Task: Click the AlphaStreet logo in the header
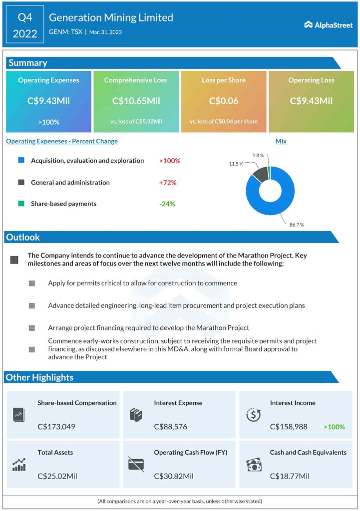(x=328, y=25)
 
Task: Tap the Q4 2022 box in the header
(x=24, y=25)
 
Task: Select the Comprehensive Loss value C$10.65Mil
(x=136, y=101)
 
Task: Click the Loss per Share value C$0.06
(x=224, y=101)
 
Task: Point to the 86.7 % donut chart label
(x=296, y=225)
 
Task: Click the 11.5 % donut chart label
(x=236, y=164)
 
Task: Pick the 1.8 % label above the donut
(x=258, y=156)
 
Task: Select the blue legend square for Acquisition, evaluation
(x=21, y=161)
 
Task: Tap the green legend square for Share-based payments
(x=21, y=204)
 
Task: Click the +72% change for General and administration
(x=168, y=183)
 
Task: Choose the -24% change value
(x=167, y=204)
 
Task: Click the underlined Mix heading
(x=281, y=141)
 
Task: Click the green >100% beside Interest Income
(x=334, y=427)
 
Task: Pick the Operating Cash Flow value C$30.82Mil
(x=174, y=476)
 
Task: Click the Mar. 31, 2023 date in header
(x=105, y=32)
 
